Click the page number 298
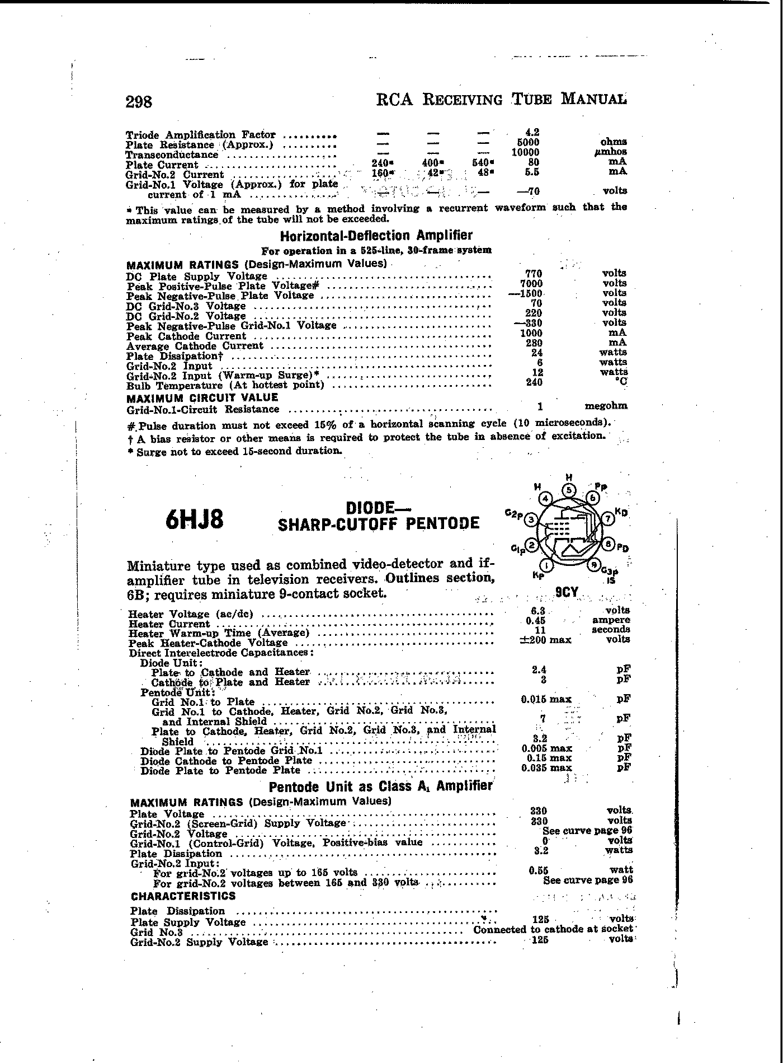point(139,102)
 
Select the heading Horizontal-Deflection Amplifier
point(376,236)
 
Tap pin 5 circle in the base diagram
point(569,490)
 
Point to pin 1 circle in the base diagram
point(548,566)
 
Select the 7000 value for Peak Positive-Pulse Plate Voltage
point(531,284)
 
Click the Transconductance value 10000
point(526,152)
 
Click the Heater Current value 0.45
point(536,620)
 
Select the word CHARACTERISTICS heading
point(183,896)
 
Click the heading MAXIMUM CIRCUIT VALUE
point(202,397)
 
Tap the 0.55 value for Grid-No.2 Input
point(539,870)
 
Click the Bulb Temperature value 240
point(534,382)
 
